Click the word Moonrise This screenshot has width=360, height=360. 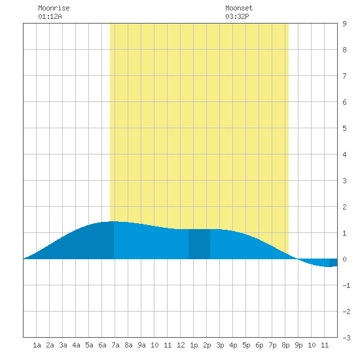tap(54, 8)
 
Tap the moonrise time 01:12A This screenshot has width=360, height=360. tap(50, 16)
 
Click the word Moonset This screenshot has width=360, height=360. tap(239, 8)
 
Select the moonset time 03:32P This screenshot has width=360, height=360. tap(237, 16)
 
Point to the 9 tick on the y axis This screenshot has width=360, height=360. tap(344, 24)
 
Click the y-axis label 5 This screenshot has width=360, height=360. tap(344, 128)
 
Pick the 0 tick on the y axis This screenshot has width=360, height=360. tap(344, 259)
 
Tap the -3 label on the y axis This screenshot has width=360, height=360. tap(346, 338)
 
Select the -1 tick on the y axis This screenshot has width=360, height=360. tap(346, 285)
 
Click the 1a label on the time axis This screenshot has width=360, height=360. tap(37, 345)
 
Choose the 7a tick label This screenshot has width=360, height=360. tap(115, 345)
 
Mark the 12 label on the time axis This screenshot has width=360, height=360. tap(181, 345)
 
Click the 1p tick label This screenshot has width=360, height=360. tap(194, 345)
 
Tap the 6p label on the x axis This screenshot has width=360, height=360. tap(259, 345)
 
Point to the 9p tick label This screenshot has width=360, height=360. tap(298, 345)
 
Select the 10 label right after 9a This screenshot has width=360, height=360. tap(154, 345)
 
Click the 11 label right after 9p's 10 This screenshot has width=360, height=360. tap(325, 345)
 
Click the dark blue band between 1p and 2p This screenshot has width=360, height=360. tap(199, 244)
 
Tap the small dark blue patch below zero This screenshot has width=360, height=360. tap(333, 262)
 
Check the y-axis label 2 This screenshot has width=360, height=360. tap(344, 207)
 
